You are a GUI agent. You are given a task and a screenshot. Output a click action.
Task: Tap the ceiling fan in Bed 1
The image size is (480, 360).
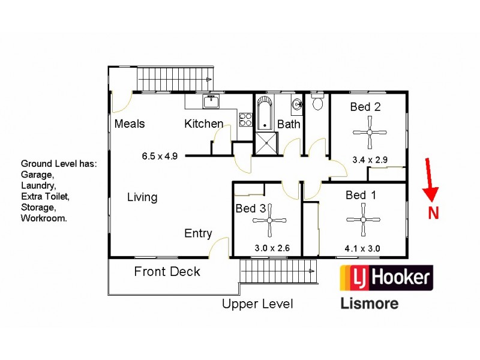[363, 220]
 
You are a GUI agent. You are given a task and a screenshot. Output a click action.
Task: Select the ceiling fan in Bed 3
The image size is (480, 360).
[271, 220]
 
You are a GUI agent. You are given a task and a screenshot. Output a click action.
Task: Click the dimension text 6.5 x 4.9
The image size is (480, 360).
[160, 157]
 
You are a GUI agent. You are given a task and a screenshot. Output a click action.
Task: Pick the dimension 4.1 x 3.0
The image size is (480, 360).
[362, 247]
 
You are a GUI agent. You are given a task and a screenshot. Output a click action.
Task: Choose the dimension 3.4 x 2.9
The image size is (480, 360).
[370, 160]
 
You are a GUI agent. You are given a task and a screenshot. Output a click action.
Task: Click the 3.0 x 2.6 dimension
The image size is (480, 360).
[272, 247]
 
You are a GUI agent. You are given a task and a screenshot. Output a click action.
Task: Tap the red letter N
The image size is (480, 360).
[433, 212]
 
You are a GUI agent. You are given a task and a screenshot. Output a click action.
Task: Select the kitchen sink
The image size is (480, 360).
[211, 102]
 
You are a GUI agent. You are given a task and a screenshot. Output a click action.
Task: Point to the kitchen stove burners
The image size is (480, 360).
[245, 119]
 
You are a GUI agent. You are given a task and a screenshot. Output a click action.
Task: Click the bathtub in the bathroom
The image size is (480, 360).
[265, 113]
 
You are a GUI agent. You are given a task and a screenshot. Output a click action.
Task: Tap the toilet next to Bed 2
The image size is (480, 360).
[318, 103]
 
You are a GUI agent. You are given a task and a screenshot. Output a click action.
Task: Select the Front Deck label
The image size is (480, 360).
[167, 272]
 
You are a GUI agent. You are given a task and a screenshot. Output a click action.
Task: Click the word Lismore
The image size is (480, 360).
[369, 303]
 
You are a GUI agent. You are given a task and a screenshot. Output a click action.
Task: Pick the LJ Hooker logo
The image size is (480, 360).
[386, 278]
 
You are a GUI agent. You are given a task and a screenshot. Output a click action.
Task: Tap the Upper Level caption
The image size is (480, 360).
[257, 304]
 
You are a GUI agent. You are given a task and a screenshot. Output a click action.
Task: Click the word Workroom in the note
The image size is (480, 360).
[44, 218]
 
